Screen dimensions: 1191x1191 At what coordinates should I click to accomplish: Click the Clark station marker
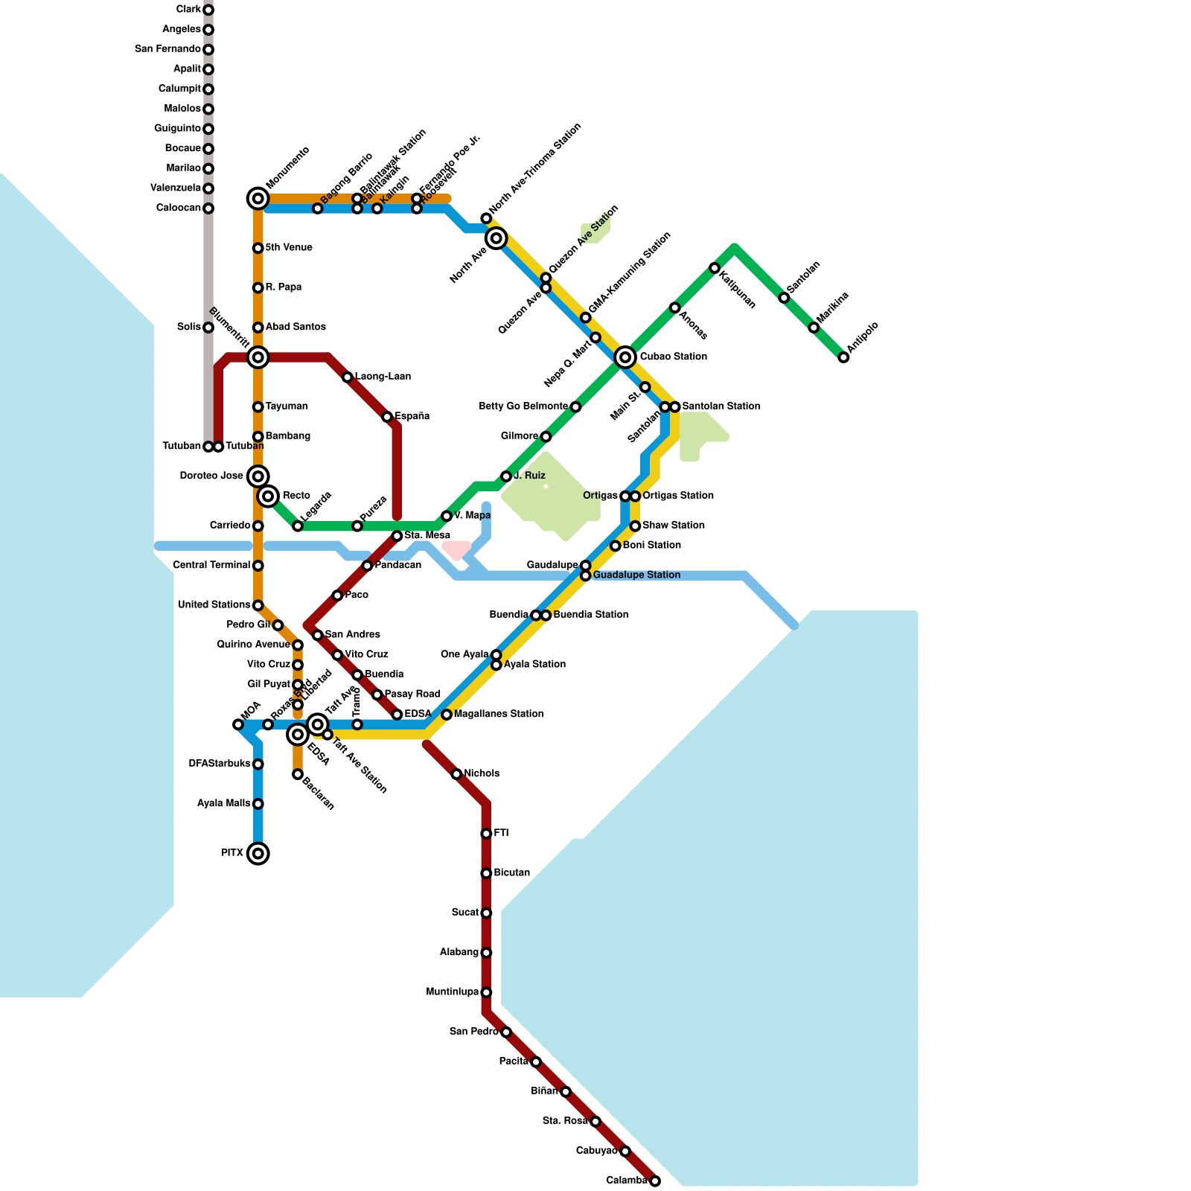point(208,10)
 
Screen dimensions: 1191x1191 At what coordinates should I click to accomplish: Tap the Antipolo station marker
point(843,357)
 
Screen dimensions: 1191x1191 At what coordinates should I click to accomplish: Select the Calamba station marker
point(655,1181)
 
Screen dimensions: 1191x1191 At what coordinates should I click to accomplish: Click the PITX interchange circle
point(258,853)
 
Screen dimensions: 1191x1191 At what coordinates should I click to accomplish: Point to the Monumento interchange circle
point(258,198)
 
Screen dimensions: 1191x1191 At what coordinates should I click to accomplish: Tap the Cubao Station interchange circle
point(625,357)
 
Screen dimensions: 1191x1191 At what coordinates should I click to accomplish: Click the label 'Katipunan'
point(738,290)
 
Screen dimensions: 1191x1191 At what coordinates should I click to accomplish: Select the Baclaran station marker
point(298,774)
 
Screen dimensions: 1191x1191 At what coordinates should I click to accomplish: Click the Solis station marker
point(208,328)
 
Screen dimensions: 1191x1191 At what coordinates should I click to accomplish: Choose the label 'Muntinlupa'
point(452,992)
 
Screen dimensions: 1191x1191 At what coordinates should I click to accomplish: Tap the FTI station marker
point(486,834)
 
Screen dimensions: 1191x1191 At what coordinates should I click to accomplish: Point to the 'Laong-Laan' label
point(383,377)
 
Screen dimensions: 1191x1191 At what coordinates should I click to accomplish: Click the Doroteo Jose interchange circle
point(258,476)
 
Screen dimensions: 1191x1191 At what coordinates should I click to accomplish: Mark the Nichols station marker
point(456,774)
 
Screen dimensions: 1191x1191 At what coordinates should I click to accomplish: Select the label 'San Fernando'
point(167,49)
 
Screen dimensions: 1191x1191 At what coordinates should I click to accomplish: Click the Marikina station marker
point(814,328)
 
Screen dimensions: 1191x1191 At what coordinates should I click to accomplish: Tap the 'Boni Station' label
point(651,546)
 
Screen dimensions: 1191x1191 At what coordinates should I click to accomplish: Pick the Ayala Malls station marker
point(258,804)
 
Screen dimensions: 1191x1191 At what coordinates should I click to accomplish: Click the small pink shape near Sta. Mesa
point(456,549)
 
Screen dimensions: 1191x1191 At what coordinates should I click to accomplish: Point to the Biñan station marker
point(566,1091)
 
